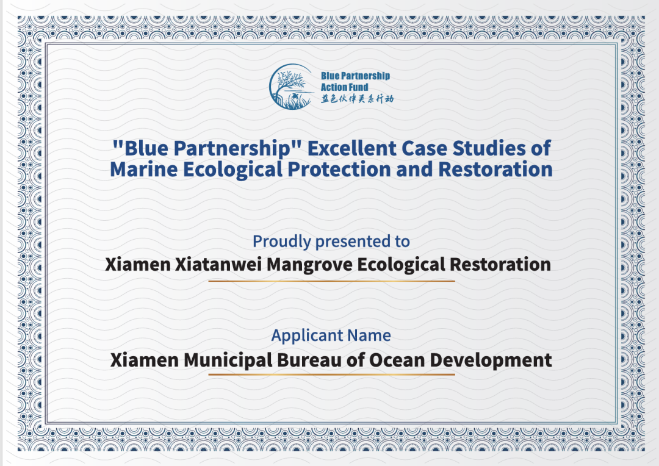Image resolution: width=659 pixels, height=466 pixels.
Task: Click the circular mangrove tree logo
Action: tap(292, 87)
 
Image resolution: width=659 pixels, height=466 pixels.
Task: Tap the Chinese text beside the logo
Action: tap(357, 99)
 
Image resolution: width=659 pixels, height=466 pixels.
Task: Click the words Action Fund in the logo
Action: tap(344, 87)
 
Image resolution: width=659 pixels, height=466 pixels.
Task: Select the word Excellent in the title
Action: tap(352, 148)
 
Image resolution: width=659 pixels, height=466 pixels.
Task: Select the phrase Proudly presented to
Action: tap(331, 242)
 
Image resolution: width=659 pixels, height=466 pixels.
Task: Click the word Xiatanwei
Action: tap(218, 265)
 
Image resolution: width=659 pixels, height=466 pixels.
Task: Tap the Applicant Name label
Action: tap(331, 335)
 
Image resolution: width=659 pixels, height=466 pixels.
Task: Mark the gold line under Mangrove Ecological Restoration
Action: tap(331, 281)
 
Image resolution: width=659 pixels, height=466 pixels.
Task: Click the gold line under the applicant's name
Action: tap(331, 374)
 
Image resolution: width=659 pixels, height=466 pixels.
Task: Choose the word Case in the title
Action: tap(425, 148)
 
